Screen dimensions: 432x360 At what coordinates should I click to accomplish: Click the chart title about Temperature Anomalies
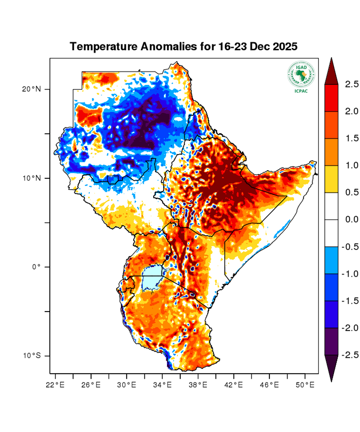pos(184,47)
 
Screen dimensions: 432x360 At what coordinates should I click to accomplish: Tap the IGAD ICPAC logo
pos(301,77)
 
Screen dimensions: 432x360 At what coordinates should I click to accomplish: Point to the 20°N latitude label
pos(31,89)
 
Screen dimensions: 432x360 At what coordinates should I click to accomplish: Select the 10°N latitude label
pos(31,178)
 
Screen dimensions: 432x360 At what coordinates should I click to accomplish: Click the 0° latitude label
pos(36,267)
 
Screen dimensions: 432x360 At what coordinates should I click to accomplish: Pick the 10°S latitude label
pos(31,356)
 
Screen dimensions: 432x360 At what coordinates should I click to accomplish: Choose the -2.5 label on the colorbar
pos(350,355)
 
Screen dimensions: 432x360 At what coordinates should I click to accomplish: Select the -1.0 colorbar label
pos(350,274)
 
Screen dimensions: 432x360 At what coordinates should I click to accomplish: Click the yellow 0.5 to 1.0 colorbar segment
pos(331,179)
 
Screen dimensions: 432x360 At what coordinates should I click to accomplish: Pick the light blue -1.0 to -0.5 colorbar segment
pos(331,260)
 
